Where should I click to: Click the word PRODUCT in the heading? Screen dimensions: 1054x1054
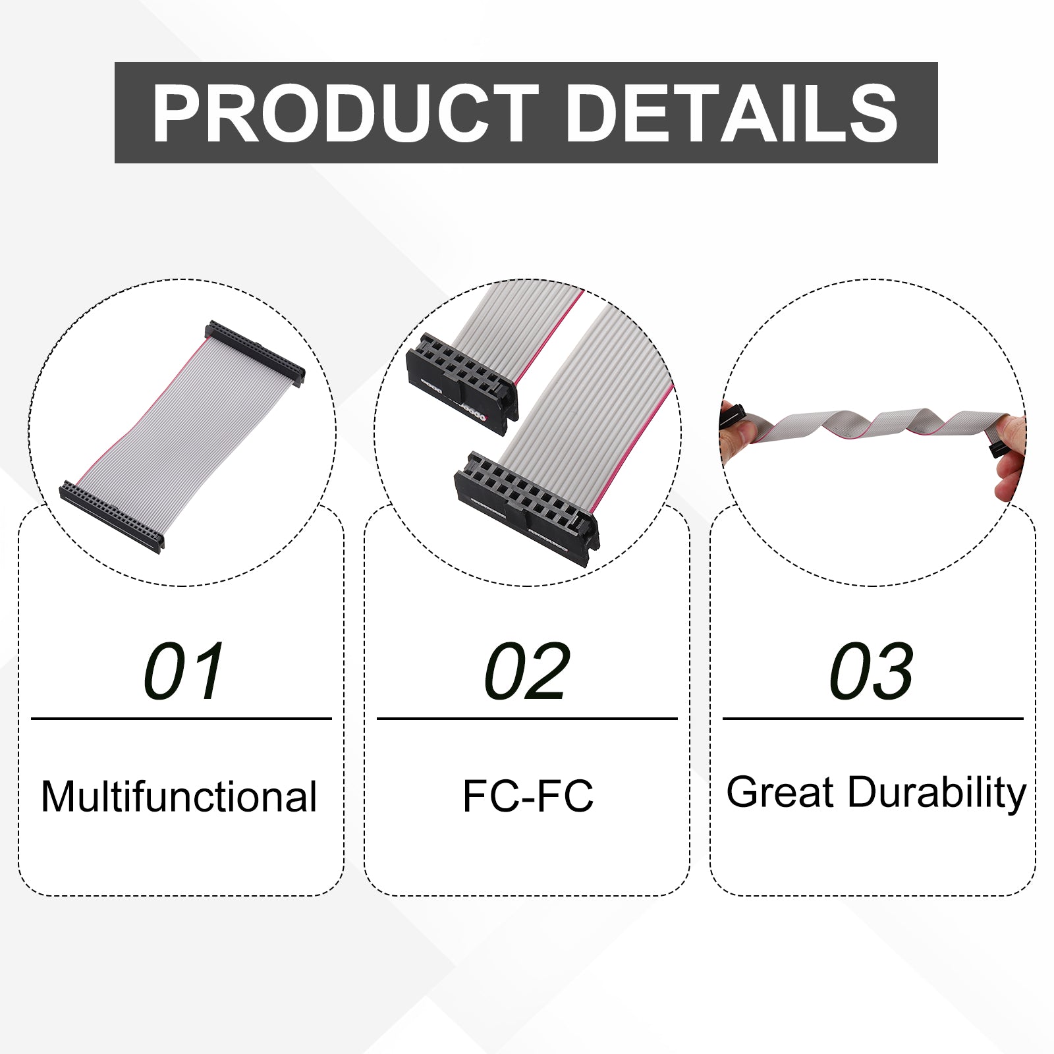(345, 113)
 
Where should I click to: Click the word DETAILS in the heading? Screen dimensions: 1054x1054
(732, 113)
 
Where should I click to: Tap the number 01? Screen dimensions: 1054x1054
(184, 671)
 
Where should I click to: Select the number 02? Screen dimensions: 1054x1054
(526, 671)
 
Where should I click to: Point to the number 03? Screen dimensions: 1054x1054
(871, 671)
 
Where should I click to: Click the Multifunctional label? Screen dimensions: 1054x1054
(179, 796)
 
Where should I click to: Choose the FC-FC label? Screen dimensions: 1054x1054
(528, 796)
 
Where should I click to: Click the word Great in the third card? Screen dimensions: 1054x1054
(780, 792)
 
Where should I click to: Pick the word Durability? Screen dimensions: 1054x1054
(937, 793)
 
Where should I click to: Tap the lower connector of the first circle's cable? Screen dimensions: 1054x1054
(111, 517)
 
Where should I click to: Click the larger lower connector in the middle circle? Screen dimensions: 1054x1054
(527, 500)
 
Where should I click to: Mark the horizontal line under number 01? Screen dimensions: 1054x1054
(181, 719)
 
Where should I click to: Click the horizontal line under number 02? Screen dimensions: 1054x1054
(527, 719)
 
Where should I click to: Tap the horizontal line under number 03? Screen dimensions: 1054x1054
(873, 719)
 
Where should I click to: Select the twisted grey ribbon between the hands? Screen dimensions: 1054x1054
(870, 425)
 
